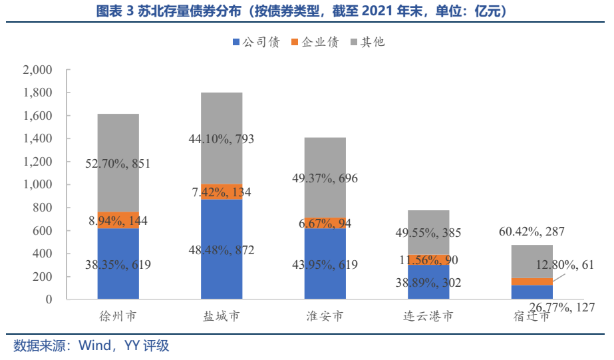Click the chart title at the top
click(x=307, y=11)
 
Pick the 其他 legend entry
click(x=368, y=42)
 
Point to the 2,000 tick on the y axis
click(x=37, y=70)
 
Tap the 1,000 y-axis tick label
click(x=37, y=184)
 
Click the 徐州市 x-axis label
click(x=118, y=315)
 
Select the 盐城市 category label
click(x=222, y=315)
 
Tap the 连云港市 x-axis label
click(x=428, y=315)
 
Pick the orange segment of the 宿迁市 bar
click(x=532, y=281)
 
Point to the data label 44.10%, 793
click(x=222, y=139)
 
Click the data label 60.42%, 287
click(x=532, y=232)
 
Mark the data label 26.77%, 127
click(x=561, y=307)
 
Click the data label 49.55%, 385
click(x=428, y=234)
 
